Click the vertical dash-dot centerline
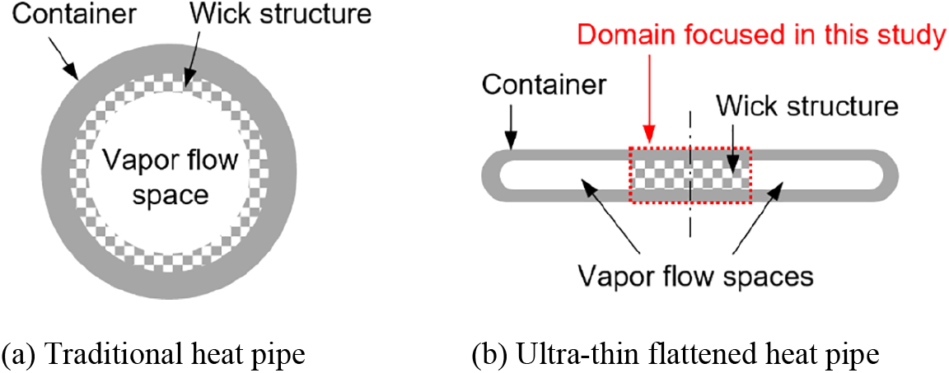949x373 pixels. [689, 222]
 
